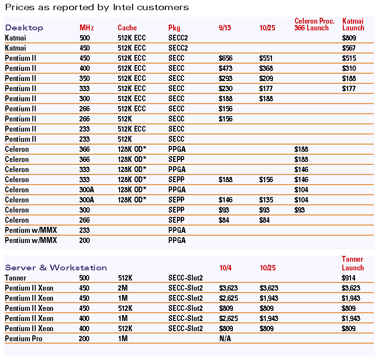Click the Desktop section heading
[24, 28]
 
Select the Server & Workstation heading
[56, 268]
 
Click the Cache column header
[127, 28]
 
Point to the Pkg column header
[174, 28]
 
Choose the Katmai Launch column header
[353, 25]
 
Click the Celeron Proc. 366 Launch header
[314, 25]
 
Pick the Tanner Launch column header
[352, 264]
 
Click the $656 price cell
[225, 58]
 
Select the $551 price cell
[266, 58]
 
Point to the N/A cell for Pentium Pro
[225, 339]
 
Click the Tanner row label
[15, 278]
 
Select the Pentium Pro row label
[23, 339]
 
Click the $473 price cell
[225, 68]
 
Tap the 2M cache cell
[122, 288]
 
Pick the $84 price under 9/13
[224, 220]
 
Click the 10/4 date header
[225, 268]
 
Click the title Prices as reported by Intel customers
[96, 7]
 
